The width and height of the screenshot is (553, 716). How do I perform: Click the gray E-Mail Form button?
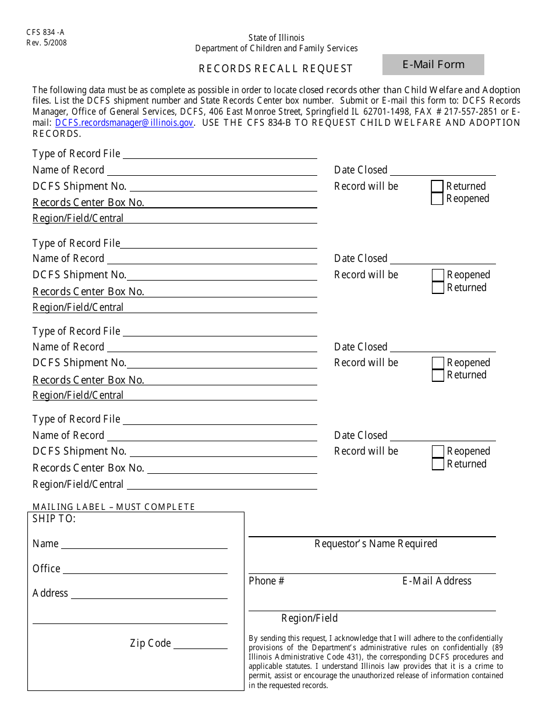433,65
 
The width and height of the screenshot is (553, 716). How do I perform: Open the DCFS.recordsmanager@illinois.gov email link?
124,123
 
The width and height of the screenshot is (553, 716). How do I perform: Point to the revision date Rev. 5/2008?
47,42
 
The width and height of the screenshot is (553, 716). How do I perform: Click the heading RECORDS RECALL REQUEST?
276,69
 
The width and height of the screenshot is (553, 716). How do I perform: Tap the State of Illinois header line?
276,38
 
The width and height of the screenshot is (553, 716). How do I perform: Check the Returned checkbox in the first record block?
437,186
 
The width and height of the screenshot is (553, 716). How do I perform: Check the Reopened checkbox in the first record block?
437,199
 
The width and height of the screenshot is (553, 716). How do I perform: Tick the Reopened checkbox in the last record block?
438,451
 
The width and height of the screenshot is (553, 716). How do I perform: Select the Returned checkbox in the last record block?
438,464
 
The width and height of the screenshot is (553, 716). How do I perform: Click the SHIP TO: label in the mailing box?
54,519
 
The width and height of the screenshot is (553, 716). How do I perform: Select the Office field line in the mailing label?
144,569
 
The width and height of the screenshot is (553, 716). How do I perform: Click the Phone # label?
267,581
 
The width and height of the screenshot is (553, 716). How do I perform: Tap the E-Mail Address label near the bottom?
437,581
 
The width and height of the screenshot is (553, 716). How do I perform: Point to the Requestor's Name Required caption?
375,544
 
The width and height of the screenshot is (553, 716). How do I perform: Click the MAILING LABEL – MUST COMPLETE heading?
114,507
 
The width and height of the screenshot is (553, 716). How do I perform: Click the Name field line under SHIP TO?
144,544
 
